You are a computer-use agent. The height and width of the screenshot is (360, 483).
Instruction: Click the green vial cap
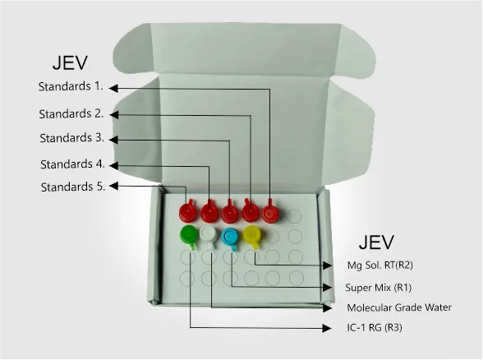(x=189, y=235)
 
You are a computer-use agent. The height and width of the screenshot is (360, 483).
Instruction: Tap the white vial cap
(x=209, y=236)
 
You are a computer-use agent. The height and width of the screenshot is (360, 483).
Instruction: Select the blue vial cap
(x=230, y=238)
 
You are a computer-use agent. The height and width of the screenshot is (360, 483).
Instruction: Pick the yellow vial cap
(x=252, y=235)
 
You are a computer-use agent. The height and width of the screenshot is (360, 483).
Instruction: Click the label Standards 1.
(x=71, y=86)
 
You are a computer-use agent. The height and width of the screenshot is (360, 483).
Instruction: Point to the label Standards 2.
(x=71, y=113)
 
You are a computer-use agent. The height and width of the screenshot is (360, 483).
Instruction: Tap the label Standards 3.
(x=72, y=138)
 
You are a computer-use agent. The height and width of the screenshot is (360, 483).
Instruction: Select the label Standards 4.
(x=72, y=164)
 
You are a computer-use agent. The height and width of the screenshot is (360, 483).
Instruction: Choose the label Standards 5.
(x=73, y=187)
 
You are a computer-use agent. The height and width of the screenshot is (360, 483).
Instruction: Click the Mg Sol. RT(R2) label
(x=379, y=265)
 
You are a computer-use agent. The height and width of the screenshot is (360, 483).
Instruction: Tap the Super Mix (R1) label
(x=378, y=288)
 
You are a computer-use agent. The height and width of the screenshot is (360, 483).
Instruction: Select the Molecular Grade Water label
(x=399, y=307)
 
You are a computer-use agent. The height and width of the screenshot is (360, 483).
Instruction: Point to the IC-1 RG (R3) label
(x=375, y=327)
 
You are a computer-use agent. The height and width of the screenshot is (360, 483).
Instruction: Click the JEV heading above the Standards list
(x=71, y=62)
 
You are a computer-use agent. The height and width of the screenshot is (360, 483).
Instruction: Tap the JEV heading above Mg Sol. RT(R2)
(x=376, y=242)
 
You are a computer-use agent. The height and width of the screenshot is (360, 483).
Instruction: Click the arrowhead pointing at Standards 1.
(x=113, y=88)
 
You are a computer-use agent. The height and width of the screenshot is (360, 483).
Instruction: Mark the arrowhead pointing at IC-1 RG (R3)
(x=327, y=328)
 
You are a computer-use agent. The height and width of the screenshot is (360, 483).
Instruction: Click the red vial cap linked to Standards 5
(x=188, y=211)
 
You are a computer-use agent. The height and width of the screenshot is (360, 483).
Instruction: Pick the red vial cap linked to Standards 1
(x=271, y=213)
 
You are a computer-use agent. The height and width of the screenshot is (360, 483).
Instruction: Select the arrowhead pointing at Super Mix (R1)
(x=327, y=288)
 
